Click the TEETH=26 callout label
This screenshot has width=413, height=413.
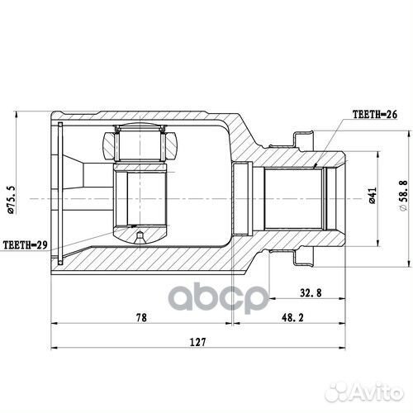pos(375,114)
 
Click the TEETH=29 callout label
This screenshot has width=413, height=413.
pos(25,244)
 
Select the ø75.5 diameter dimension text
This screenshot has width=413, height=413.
pos(12,200)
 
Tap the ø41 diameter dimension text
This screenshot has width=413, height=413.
pos(372,196)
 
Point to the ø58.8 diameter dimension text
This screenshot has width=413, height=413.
pos(402,196)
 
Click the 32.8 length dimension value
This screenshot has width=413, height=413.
pos(311,292)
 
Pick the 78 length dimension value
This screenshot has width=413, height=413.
pos(141,317)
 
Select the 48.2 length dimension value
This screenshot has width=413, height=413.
pos(292,317)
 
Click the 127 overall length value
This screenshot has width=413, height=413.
pos(197,342)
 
